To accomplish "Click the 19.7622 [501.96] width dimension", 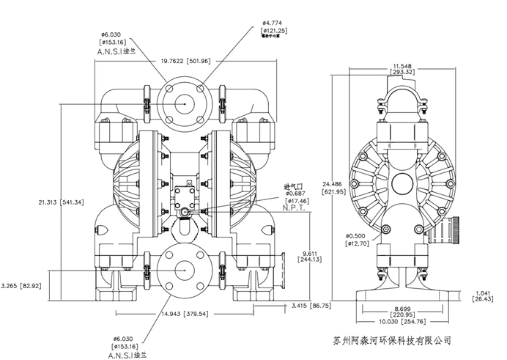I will [x=180, y=61].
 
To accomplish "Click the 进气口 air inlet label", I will [x=294, y=186].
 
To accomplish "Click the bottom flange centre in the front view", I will [x=180, y=271].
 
